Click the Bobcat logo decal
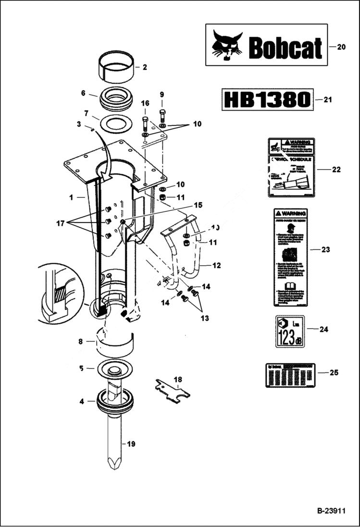(266, 45)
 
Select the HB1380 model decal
(267, 99)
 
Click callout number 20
(341, 47)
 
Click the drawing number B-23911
(330, 511)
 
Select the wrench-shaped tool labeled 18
(172, 390)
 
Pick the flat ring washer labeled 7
(116, 123)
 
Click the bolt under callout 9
(162, 116)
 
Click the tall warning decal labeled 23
(290, 257)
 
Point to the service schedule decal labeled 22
(290, 168)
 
